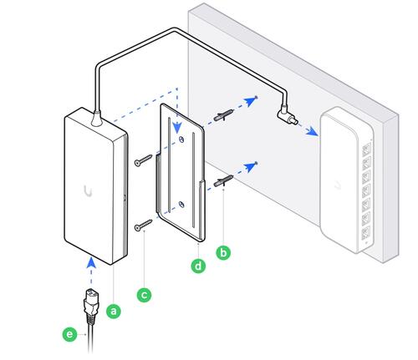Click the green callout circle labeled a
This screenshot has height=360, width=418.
[x=114, y=311]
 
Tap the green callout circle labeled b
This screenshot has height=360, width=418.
[x=223, y=252]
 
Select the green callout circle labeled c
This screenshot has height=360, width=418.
[x=144, y=295]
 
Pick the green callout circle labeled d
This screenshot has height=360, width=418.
[x=198, y=266]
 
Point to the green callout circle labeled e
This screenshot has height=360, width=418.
[x=69, y=334]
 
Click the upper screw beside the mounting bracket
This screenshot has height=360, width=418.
[x=143, y=160]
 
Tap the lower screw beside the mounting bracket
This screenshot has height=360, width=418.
[x=143, y=226]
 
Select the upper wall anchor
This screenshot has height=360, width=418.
[x=223, y=115]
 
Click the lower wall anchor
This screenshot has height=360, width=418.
[x=223, y=180]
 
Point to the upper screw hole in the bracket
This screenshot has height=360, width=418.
[x=181, y=139]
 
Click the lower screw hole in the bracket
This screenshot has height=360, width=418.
[x=181, y=205]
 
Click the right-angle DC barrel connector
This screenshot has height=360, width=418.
[x=287, y=116]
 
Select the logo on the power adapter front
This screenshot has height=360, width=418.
[x=88, y=191]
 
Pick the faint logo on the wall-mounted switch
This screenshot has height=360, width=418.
[x=338, y=185]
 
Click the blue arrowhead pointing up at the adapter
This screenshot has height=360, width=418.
[x=91, y=262]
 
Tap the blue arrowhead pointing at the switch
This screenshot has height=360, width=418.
[x=312, y=131]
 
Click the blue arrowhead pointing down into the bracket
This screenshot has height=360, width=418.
[x=177, y=128]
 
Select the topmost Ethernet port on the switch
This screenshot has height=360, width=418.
[x=367, y=150]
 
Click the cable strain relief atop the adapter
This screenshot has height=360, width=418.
[x=97, y=119]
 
